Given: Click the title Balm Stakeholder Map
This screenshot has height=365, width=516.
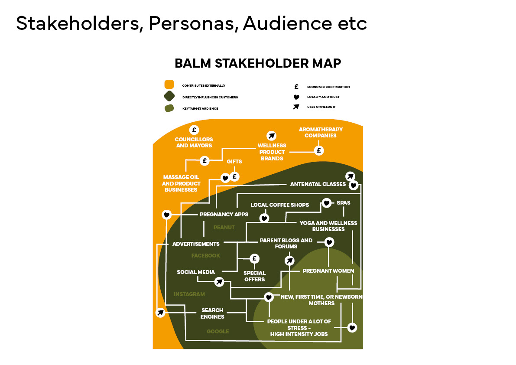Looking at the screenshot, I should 258,63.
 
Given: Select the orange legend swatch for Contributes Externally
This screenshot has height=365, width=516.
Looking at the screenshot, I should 169,85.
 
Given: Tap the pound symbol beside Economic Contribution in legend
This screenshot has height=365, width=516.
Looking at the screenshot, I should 296,87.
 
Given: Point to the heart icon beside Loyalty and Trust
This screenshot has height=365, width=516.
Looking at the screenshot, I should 296,97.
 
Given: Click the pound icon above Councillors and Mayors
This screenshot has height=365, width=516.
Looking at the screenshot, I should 194,130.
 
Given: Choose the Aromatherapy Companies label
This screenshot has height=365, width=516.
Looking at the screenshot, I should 321,132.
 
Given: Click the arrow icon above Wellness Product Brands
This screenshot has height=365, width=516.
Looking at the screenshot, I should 271,136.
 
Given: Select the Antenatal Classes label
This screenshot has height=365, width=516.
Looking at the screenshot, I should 318,184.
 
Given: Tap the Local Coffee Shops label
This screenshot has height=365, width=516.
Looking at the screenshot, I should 280,205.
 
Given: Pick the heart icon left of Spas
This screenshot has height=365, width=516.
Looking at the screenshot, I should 327,202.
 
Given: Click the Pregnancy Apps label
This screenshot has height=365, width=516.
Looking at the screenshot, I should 224,214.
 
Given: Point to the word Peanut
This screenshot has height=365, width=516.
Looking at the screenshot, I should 224,227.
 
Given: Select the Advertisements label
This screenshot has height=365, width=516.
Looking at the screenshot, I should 196,244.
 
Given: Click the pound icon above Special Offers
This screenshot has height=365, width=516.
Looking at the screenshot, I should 255,259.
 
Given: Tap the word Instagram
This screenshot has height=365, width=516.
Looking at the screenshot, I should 189,294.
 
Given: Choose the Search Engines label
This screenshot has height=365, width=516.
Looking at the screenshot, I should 212,313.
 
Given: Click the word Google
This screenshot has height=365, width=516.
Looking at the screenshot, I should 217,332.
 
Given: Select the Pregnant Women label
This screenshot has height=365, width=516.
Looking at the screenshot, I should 328,271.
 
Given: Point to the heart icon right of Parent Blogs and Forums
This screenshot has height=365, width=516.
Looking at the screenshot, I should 329,242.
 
